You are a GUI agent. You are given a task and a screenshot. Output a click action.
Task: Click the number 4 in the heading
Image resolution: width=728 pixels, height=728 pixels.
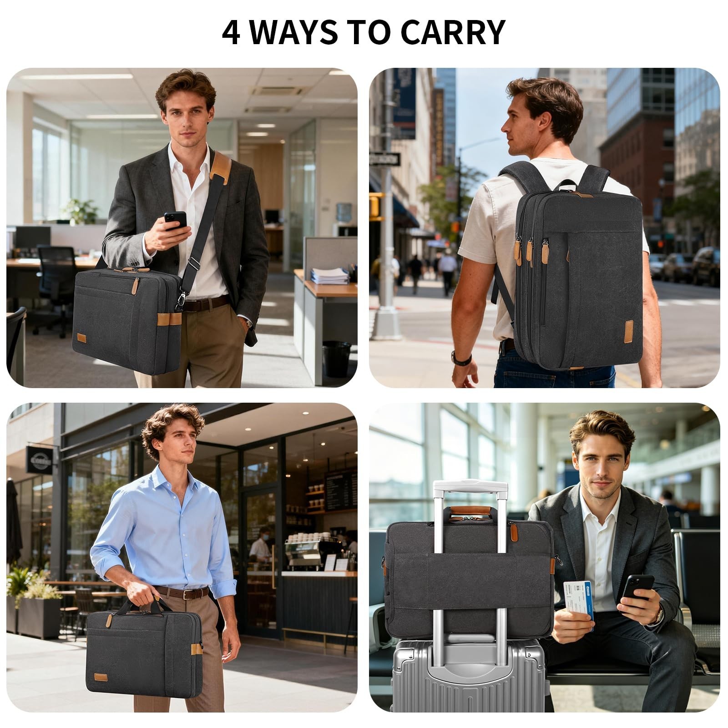[232, 32]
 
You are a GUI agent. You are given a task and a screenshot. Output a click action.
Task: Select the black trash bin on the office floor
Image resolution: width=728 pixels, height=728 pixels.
[337, 359]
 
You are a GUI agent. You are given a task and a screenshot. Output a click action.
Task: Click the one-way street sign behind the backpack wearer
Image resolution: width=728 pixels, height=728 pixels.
[384, 159]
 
